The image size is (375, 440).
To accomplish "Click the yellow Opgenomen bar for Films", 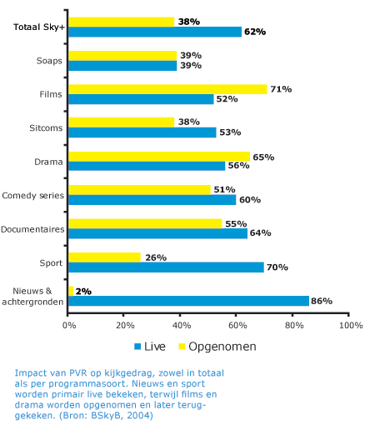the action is point(167,89).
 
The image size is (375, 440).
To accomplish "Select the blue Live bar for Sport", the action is point(166,267).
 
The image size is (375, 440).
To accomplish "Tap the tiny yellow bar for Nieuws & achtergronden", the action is point(71,291).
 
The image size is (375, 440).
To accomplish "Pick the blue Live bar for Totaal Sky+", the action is point(155,32).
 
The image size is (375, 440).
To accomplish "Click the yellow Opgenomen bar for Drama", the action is point(159,157).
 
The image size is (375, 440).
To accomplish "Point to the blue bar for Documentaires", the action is point(158,233).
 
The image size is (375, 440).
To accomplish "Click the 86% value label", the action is point(322,301).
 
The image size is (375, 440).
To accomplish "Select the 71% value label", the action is point(282,89).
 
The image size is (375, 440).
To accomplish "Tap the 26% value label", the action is point(156,257).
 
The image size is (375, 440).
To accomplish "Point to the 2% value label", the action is point(83,292).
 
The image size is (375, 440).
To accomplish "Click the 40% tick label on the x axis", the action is point(182,326).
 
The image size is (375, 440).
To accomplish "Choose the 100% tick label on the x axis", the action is point(351,326).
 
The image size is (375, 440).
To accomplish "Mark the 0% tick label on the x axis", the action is point(69,326).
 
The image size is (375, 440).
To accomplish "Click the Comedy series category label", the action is point(33,196).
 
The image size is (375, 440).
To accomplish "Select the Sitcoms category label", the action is point(46,128).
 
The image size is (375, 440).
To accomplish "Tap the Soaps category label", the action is point(49,61).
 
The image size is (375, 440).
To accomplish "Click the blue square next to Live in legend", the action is point(137,347).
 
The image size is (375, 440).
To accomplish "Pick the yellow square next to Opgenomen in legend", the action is point(182,347).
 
